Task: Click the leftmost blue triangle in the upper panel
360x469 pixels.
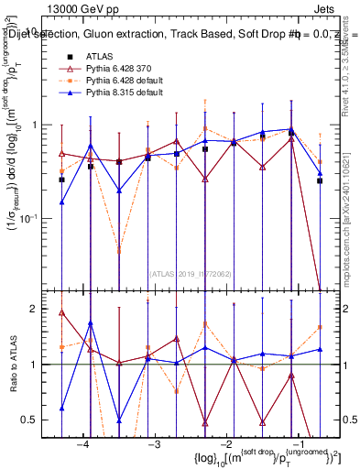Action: [61, 202]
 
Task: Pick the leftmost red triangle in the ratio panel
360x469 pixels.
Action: [61, 312]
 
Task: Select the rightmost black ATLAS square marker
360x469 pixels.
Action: [320, 180]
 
